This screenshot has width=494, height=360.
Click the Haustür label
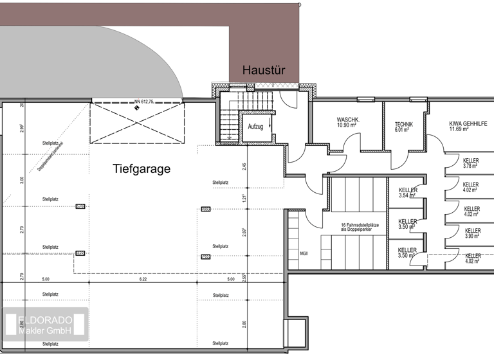click(x=263, y=70)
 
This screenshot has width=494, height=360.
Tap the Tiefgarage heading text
click(x=142, y=169)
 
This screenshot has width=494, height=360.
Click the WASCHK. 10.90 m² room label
click(x=348, y=123)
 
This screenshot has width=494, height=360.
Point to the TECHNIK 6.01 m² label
click(x=404, y=126)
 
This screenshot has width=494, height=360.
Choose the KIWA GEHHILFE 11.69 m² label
click(x=467, y=126)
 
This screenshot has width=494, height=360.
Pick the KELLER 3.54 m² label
click(x=408, y=193)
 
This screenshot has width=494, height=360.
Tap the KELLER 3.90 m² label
click(x=472, y=233)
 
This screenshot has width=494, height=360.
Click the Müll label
click(x=304, y=253)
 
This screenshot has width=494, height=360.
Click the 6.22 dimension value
click(x=142, y=280)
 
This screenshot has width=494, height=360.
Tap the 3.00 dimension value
click(x=22, y=180)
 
